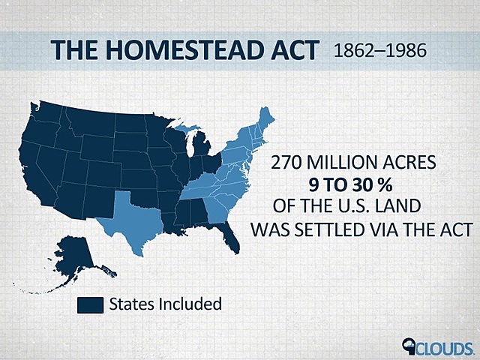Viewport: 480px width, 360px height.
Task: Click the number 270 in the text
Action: pyautogui.click(x=287, y=162)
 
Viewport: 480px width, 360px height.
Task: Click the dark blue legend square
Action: pyautogui.click(x=91, y=304)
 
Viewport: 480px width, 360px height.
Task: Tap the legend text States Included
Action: pyautogui.click(x=165, y=304)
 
